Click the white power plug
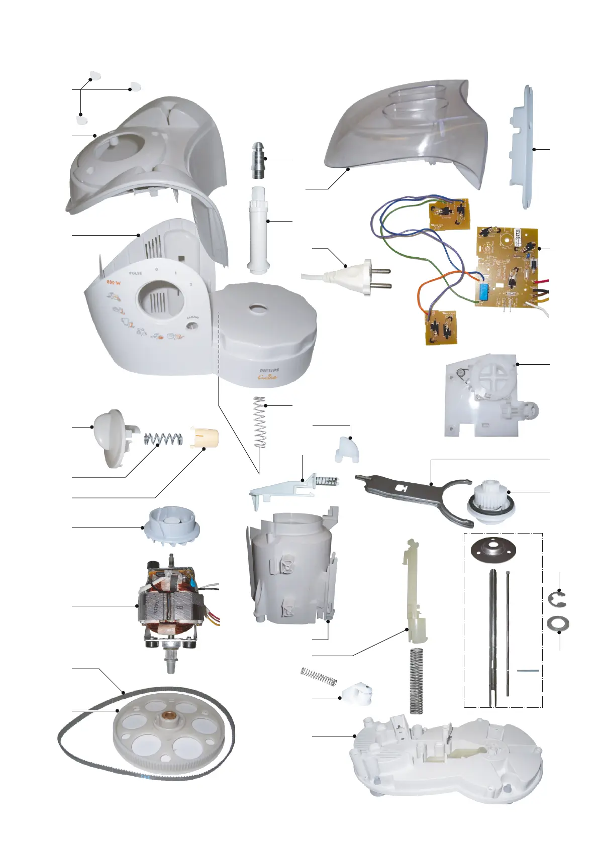[x=354, y=276]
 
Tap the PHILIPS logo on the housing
[x=269, y=370]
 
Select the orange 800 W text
[x=114, y=283]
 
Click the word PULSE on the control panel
[x=136, y=273]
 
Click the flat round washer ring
[x=558, y=624]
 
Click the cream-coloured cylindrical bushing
[x=204, y=438]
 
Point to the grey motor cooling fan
[x=172, y=524]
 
